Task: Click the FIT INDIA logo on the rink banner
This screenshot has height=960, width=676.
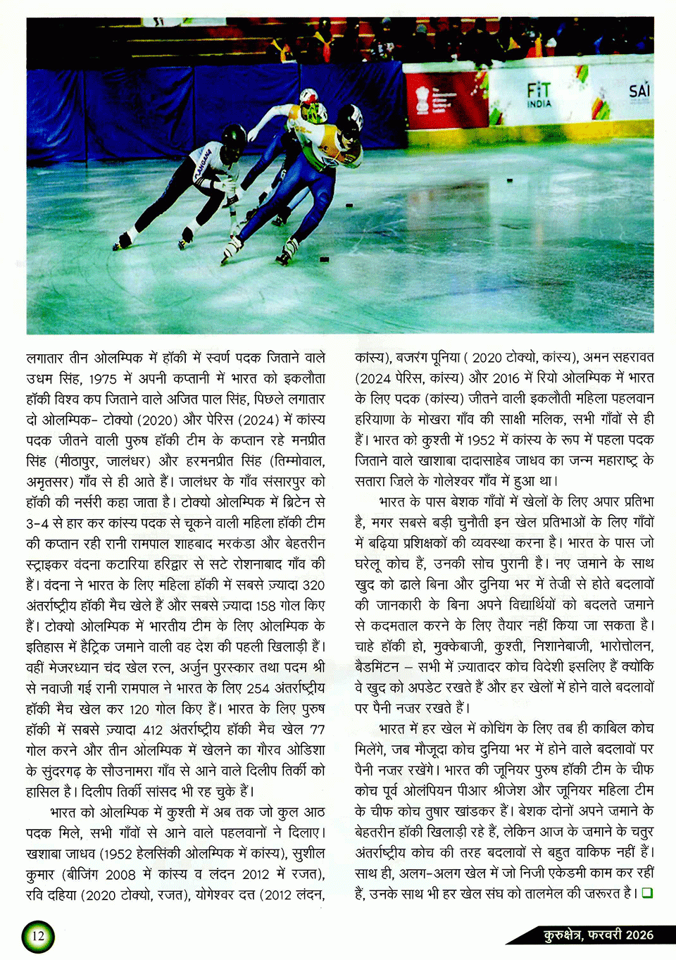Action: click(539, 94)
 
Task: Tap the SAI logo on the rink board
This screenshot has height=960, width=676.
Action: click(639, 92)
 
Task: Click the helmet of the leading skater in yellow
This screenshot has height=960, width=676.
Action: click(350, 117)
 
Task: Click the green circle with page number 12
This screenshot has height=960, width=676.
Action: click(38, 935)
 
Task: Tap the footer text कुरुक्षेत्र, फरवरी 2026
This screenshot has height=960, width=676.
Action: click(598, 935)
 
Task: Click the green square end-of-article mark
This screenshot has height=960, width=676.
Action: click(646, 893)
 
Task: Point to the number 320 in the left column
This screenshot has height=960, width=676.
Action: click(313, 585)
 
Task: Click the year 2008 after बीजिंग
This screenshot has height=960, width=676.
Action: click(120, 875)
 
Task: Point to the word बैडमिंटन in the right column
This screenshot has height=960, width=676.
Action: click(378, 666)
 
